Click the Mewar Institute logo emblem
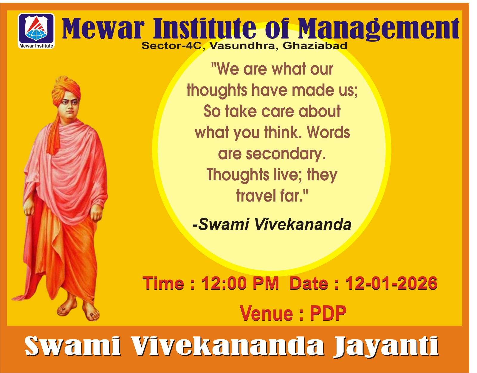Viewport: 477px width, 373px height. (x=36, y=31)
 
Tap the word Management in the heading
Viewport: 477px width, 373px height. (x=378, y=29)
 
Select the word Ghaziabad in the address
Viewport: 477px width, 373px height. (x=315, y=46)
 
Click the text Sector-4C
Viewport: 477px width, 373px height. (x=171, y=46)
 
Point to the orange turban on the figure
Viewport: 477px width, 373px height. (x=66, y=90)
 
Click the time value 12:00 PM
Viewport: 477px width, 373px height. (x=240, y=283)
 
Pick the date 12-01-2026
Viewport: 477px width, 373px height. (x=391, y=283)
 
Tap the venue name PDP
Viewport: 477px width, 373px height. (x=328, y=313)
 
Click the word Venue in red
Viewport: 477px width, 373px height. (x=266, y=313)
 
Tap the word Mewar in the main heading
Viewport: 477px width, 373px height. (x=103, y=29)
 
